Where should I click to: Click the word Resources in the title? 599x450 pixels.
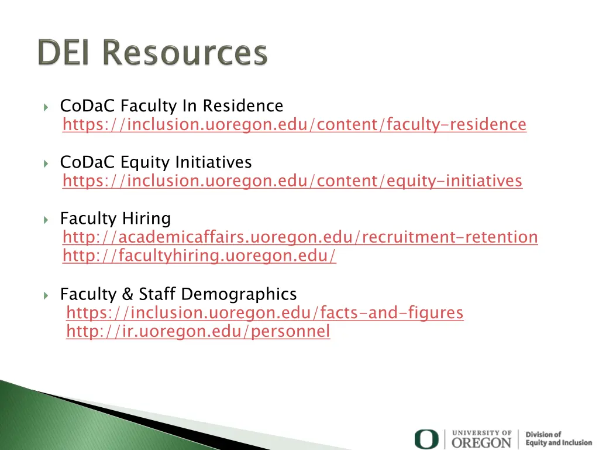tap(185, 53)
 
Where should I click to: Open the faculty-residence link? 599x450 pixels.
tap(294, 125)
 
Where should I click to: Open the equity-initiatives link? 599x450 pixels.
tap(292, 181)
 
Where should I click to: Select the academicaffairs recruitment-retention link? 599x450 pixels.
tap(300, 237)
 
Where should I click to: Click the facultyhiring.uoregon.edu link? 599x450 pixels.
tap(199, 256)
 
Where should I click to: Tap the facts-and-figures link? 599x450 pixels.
tap(264, 313)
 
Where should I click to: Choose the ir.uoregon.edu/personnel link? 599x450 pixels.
tap(198, 332)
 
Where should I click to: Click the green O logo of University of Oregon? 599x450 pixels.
tap(426, 439)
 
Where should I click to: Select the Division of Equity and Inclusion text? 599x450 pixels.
tap(558, 439)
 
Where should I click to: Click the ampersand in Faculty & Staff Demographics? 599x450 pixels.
tap(128, 294)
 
